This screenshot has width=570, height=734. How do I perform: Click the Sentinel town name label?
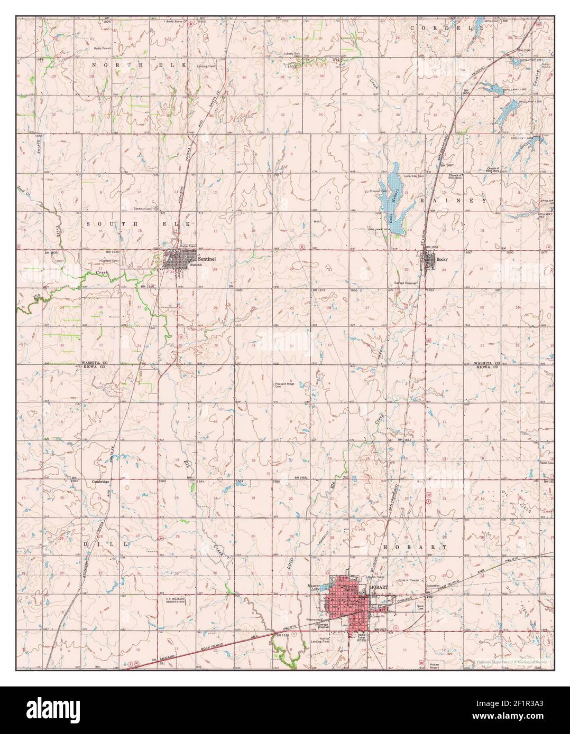pyautogui.click(x=207, y=259)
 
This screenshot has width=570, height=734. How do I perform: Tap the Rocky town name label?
pyautogui.click(x=442, y=259)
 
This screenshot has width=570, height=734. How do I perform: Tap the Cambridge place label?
pyautogui.click(x=100, y=482)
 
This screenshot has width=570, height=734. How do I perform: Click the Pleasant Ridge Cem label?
pyautogui.click(x=285, y=385)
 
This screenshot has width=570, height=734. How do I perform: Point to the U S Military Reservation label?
pyautogui.click(x=177, y=600)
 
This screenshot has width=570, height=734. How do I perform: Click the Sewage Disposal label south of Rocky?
pyautogui.click(x=406, y=283)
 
